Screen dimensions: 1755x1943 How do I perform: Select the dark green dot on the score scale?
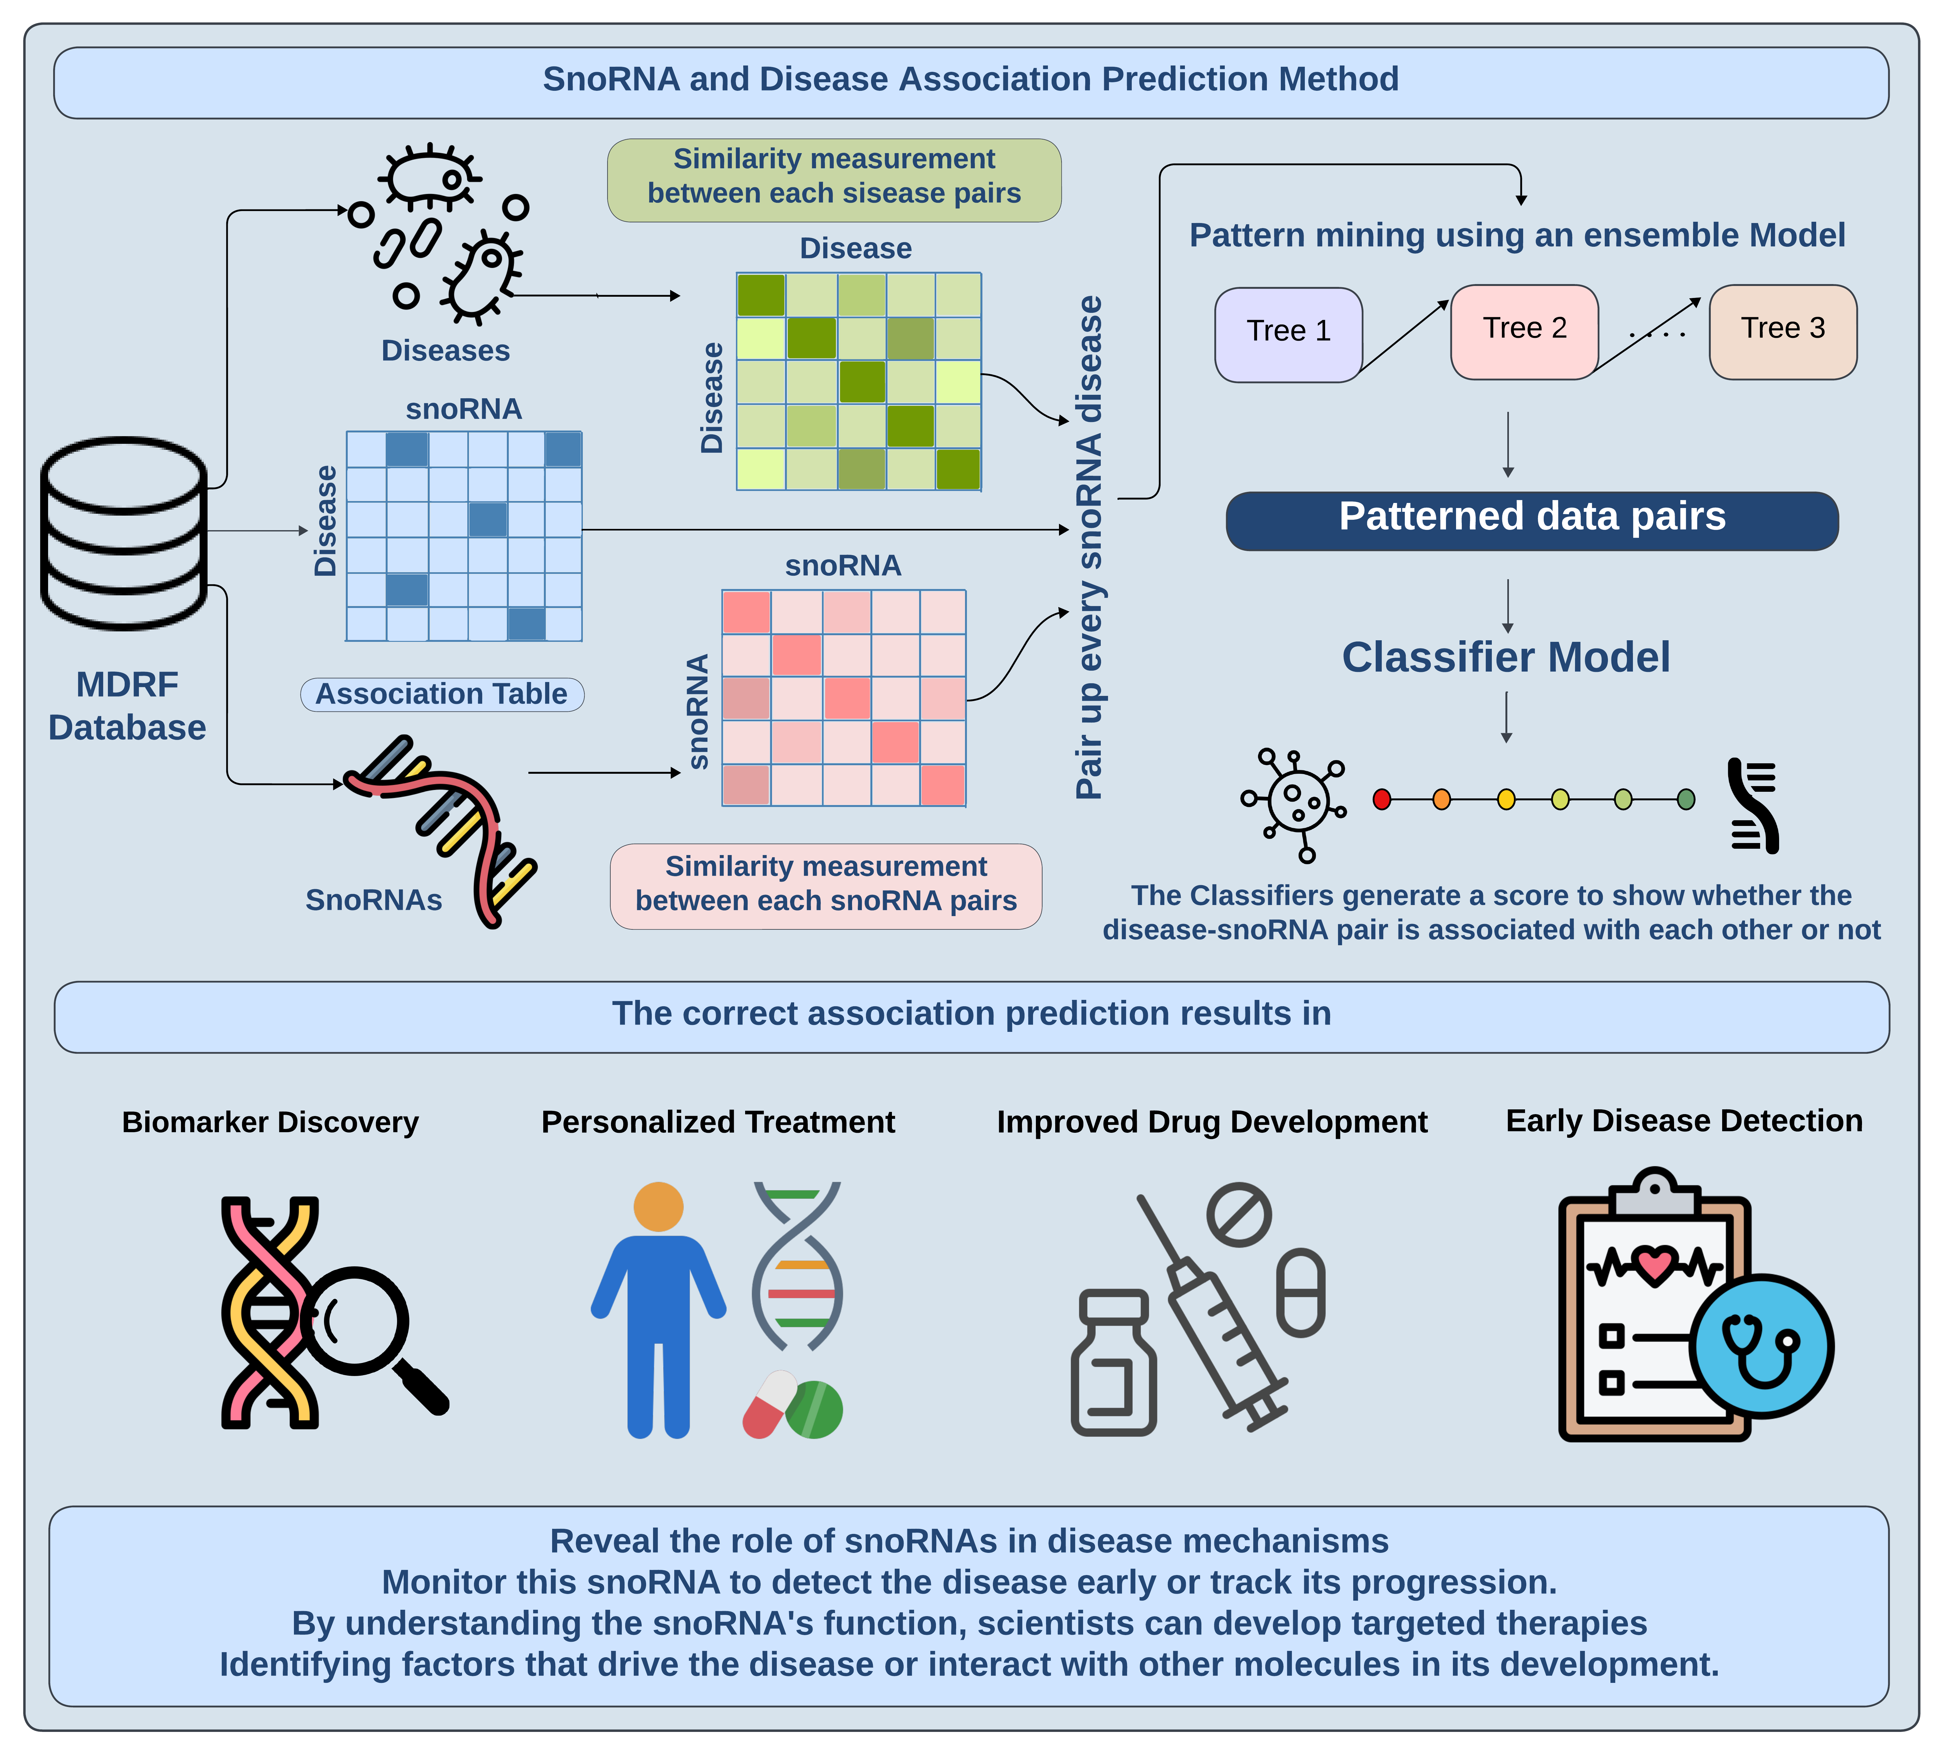1686,799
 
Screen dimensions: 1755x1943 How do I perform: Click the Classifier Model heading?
1505,657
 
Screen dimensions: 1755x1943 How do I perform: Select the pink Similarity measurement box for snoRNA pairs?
826,885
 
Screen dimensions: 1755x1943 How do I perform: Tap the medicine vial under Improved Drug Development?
1113,1364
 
